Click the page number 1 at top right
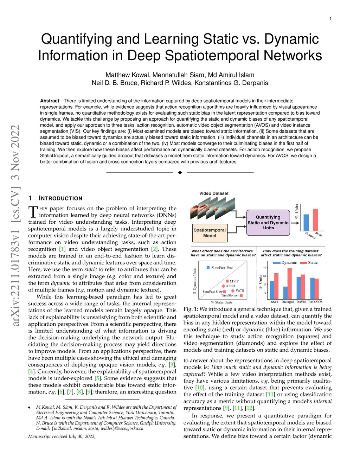click(x=330, y=18)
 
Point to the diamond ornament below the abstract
click(x=180, y=173)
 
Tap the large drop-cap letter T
click(x=33, y=212)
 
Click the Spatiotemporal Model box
click(x=210, y=233)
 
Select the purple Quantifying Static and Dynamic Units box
click(x=268, y=223)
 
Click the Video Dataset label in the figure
click(x=214, y=193)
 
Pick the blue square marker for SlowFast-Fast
click(x=208, y=268)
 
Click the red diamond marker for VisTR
click(x=233, y=291)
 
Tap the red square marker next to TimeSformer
click(x=241, y=295)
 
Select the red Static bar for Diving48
click(x=290, y=283)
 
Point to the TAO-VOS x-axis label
click(x=315, y=302)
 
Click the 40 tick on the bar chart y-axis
click(x=265, y=268)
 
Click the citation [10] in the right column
click(x=200, y=388)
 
